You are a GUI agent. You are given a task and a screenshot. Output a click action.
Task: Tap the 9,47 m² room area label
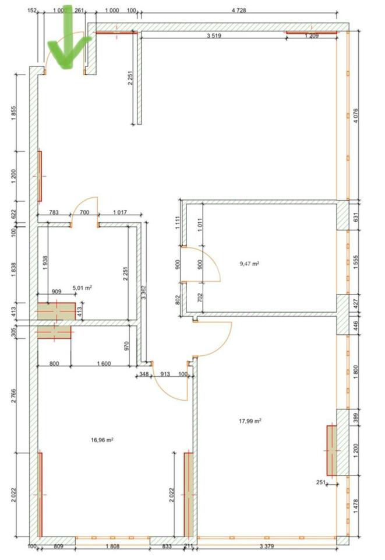[x=249, y=264]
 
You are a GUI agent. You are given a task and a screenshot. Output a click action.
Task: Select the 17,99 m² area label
[x=250, y=421]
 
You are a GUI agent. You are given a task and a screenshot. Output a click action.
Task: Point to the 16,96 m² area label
[x=102, y=440]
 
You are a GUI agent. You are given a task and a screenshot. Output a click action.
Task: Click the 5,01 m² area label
[x=82, y=288]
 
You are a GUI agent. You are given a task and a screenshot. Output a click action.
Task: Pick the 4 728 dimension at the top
[x=239, y=10]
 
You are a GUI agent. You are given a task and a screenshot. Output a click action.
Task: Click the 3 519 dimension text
[x=214, y=36]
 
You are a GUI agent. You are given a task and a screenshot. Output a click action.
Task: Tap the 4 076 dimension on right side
[x=355, y=116]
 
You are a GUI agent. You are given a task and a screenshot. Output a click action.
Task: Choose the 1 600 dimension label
[x=104, y=363]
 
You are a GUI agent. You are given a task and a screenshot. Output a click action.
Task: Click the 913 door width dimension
[x=165, y=374]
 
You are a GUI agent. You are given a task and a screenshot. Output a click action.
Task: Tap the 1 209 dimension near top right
[x=312, y=36]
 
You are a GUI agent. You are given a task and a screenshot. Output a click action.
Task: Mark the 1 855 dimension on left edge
[x=13, y=113]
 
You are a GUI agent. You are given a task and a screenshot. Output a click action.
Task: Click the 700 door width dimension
[x=84, y=212]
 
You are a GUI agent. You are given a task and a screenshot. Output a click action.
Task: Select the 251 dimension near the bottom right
[x=321, y=482]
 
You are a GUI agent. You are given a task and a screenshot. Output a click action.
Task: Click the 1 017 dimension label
[x=120, y=212]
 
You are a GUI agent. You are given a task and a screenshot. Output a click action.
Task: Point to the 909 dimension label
[x=56, y=292]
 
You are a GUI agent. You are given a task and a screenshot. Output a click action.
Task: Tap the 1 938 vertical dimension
[x=45, y=263]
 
